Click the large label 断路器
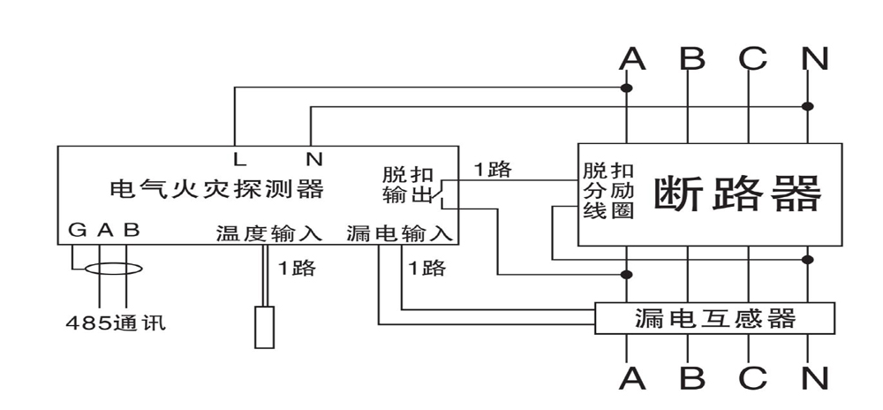(737, 194)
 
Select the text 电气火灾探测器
(215, 189)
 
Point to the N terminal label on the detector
(313, 160)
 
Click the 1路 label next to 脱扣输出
(493, 170)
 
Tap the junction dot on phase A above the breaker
(627, 88)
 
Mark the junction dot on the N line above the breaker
(808, 105)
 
